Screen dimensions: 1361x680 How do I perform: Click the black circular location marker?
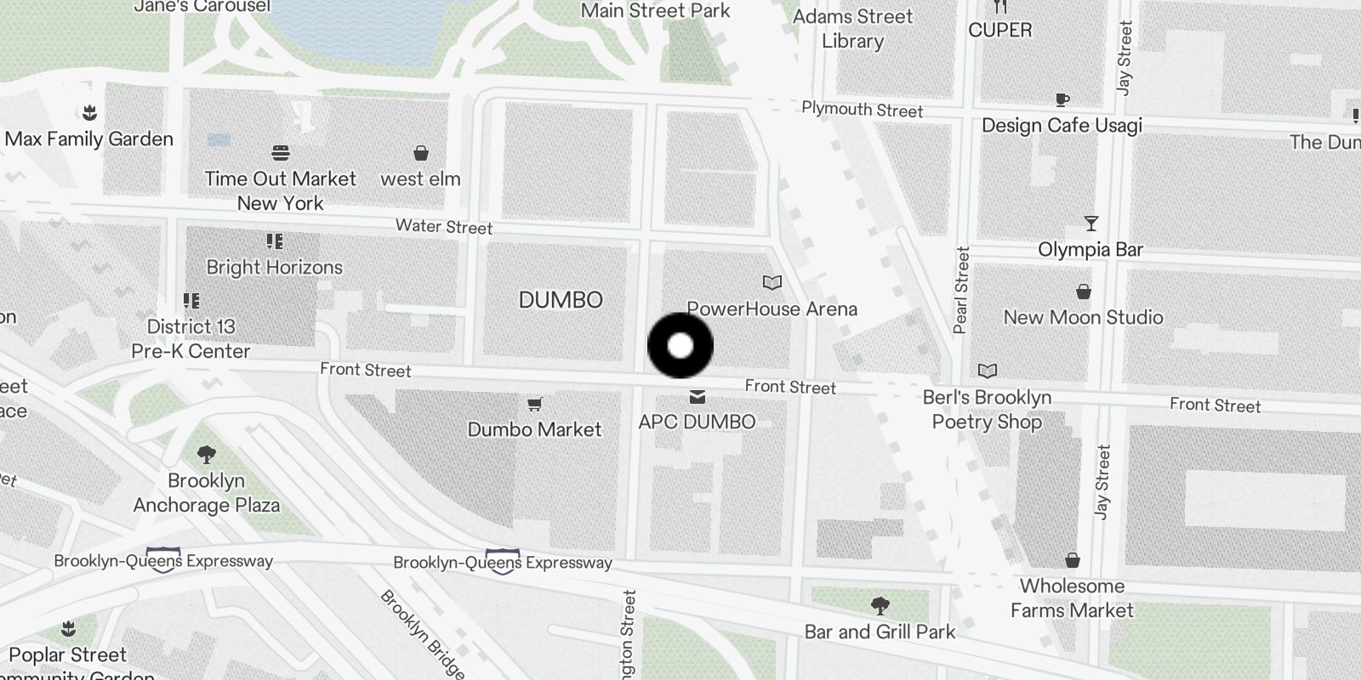pos(680,345)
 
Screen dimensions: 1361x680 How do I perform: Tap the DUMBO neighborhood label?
pos(561,300)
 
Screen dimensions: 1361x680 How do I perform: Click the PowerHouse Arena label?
pos(772,309)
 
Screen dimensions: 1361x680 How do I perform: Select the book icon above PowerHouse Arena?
pos(772,282)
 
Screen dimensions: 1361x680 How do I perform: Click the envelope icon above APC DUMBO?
pos(698,397)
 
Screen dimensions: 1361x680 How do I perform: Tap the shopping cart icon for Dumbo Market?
pos(534,404)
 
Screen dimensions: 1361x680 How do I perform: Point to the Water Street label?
pos(444,227)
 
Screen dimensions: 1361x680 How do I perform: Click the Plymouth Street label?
pos(862,110)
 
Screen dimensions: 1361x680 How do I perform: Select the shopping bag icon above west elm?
pos(420,153)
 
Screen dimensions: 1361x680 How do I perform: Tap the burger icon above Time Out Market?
pos(281,153)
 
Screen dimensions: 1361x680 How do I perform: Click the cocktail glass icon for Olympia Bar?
pos(1091,224)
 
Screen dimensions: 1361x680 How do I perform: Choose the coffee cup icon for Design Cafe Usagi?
pos(1062,100)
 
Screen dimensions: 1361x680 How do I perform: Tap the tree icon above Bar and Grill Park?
pos(880,606)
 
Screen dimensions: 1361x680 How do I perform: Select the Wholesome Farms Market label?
pos(1072,598)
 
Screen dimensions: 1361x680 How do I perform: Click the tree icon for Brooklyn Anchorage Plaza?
pos(206,455)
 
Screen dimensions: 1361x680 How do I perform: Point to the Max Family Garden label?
pos(89,139)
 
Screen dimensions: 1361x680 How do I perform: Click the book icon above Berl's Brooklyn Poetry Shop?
pos(987,371)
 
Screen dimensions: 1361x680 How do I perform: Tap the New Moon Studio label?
pos(1083,317)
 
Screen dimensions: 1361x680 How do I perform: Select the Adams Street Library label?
pos(852,29)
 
